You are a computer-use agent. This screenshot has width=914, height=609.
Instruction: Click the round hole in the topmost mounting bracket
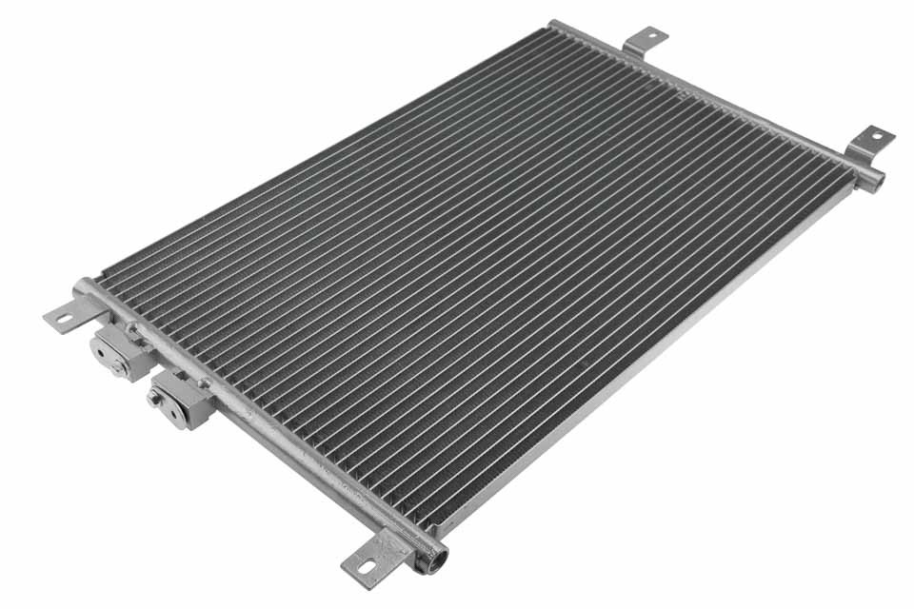tap(653, 36)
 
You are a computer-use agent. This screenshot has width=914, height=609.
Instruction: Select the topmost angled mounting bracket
tap(645, 41)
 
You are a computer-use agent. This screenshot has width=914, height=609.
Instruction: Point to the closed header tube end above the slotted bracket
tap(83, 285)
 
